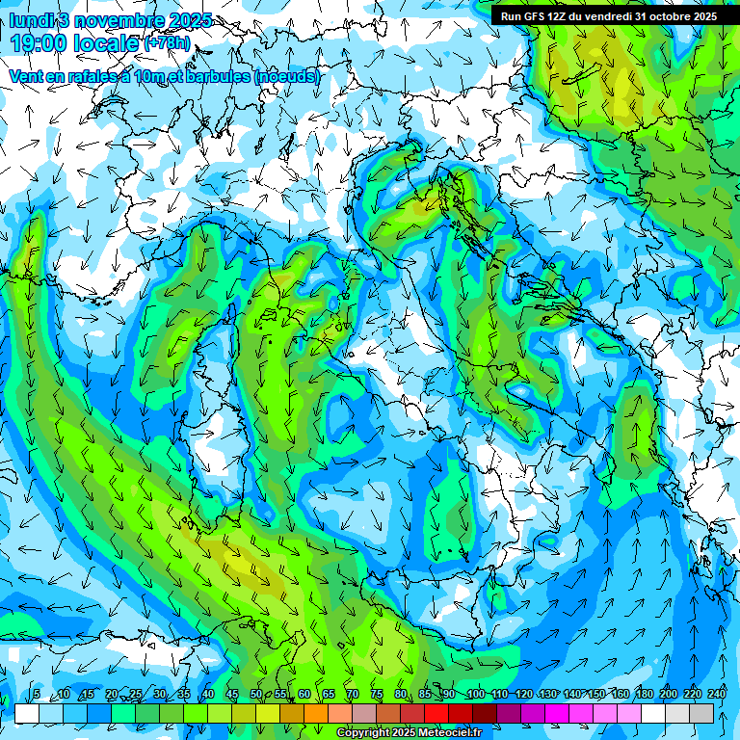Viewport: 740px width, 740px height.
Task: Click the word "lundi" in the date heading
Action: click(29, 20)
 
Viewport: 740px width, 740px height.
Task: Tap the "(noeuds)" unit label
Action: click(287, 76)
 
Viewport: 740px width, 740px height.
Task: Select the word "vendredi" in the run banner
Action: click(605, 16)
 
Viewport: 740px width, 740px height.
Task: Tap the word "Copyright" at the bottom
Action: click(364, 733)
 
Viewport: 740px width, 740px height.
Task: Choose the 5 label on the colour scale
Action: click(37, 695)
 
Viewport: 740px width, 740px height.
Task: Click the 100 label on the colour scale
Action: click(475, 695)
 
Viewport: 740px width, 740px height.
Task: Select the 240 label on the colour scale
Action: click(716, 695)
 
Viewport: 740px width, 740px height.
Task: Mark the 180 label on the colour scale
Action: click(644, 695)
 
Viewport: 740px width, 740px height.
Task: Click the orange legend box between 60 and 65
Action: click(316, 713)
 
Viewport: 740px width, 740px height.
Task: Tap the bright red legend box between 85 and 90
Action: click(436, 713)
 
